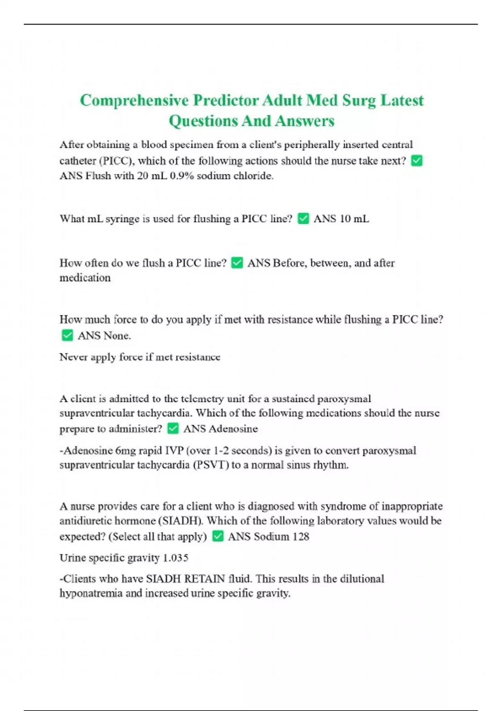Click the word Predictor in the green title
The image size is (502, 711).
225,101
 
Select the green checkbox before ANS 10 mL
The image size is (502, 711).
303,218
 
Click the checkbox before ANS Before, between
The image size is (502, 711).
237,263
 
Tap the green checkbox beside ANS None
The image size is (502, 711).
67,335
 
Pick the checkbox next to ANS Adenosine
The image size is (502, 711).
173,428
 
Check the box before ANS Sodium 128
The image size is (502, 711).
218,536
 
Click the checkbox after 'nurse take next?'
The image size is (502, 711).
417,161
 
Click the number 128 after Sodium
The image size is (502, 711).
300,537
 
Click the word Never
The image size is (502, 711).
73,357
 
